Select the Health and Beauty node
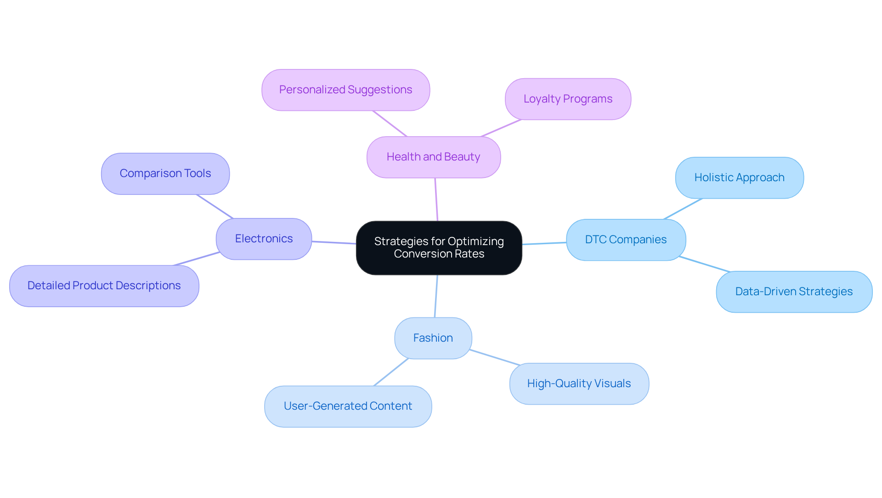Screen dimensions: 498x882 tap(433, 157)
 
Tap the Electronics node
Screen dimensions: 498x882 tap(264, 239)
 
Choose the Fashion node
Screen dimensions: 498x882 tap(433, 338)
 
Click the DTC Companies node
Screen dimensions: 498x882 tap(626, 240)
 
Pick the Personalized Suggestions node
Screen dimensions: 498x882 tap(345, 90)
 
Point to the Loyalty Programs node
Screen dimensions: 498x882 tap(568, 99)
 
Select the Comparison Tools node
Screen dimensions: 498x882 tap(165, 173)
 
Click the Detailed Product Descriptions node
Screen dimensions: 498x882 tap(104, 286)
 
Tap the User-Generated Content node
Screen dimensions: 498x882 tap(348, 406)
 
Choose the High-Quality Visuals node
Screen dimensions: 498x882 tap(579, 384)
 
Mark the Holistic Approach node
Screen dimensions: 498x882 tap(739, 177)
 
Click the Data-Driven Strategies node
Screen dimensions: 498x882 tap(794, 292)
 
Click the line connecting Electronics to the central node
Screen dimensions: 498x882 tap(334, 242)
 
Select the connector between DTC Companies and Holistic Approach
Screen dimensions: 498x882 tap(683, 209)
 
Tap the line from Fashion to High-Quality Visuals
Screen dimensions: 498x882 tap(495, 357)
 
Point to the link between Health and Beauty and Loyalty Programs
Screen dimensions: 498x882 tap(501, 128)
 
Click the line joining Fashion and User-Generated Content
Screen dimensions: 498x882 tap(391, 372)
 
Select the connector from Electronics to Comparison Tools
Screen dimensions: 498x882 tap(215, 206)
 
